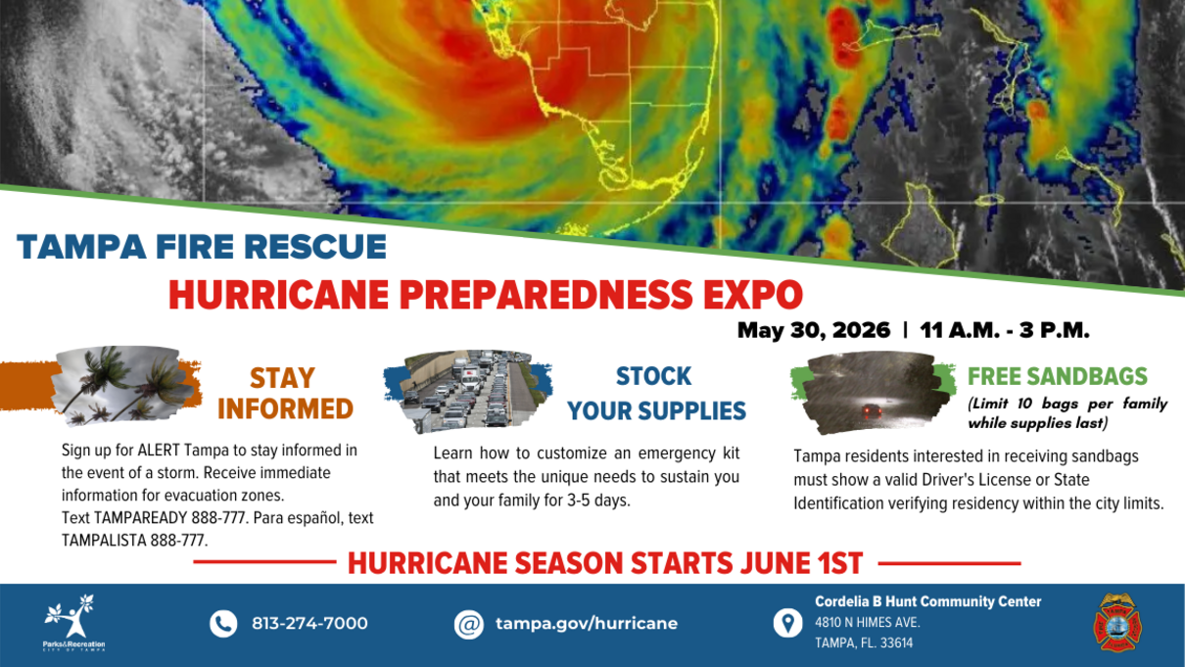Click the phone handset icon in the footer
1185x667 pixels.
coord(223,623)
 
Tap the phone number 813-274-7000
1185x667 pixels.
coord(309,624)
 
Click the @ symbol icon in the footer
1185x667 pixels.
coord(469,624)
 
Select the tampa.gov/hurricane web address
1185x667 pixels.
coord(586,624)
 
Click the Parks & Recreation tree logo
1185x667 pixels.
coord(73,622)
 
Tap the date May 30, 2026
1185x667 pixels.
coord(813,330)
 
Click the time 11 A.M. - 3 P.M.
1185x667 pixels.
coord(1005,330)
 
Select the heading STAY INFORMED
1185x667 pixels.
coord(284,393)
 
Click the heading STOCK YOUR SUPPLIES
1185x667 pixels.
coord(656,394)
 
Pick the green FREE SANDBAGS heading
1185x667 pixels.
coord(1058,377)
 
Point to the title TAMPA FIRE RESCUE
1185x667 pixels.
coord(202,247)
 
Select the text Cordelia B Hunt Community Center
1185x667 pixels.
coord(927,601)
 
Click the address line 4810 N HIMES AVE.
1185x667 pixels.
coord(867,622)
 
